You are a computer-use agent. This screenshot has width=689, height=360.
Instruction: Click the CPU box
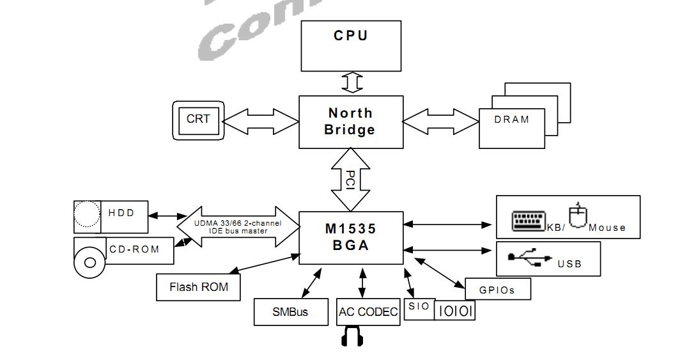351,45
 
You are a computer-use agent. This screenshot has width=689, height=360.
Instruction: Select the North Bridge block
351,121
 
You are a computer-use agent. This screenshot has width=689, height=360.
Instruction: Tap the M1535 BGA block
351,237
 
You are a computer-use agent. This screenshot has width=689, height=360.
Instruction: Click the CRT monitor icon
198,120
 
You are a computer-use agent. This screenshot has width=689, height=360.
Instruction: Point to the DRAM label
512,120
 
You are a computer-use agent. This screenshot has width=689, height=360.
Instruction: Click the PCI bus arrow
351,180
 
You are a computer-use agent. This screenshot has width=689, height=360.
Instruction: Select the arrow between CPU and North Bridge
352,82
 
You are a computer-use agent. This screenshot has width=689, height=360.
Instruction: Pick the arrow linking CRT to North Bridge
261,121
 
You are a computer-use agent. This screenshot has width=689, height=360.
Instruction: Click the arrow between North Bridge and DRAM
441,121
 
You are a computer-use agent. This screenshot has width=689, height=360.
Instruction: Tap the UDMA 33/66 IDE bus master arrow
238,226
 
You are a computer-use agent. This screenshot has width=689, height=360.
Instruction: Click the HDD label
121,213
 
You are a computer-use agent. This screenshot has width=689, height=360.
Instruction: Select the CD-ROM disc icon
89,262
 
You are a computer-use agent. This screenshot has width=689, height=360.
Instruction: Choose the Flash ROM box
199,287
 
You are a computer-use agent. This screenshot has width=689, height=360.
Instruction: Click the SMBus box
290,312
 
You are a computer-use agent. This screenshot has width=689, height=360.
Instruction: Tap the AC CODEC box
368,312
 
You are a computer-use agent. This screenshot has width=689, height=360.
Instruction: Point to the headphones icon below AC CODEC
352,336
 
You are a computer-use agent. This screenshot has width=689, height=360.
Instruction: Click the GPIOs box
497,290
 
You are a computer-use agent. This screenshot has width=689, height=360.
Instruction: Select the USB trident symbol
530,258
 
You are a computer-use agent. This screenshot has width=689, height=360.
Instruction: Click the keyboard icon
529,221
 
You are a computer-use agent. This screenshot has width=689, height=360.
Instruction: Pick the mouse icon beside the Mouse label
577,215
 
